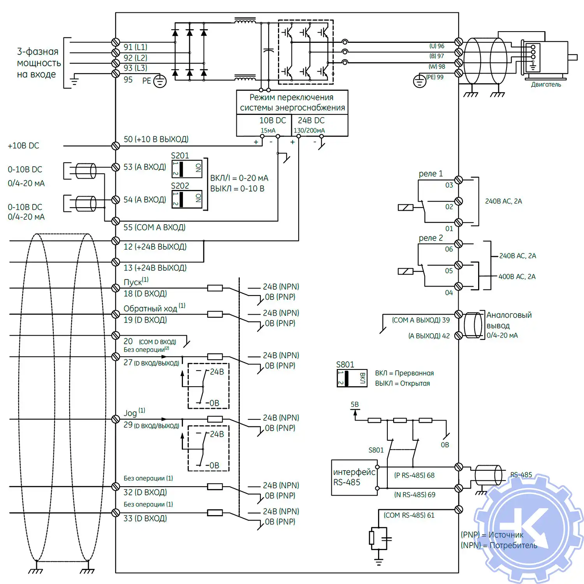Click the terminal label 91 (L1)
[135, 47]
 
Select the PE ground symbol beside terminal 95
[160, 81]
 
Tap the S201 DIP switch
[187, 169]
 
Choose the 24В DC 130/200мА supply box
[319, 125]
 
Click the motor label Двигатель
[546, 84]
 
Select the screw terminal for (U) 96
[459, 42]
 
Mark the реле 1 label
[431, 174]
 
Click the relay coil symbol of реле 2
[405, 271]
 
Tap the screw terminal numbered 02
[459, 201]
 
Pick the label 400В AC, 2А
[517, 276]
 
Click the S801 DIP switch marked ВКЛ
[352, 378]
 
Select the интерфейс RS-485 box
[354, 477]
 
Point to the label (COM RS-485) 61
[409, 515]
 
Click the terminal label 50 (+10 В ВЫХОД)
[156, 139]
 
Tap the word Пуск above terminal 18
[133, 282]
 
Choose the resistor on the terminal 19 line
[215, 314]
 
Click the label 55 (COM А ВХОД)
[154, 227]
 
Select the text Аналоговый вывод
[508, 320]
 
